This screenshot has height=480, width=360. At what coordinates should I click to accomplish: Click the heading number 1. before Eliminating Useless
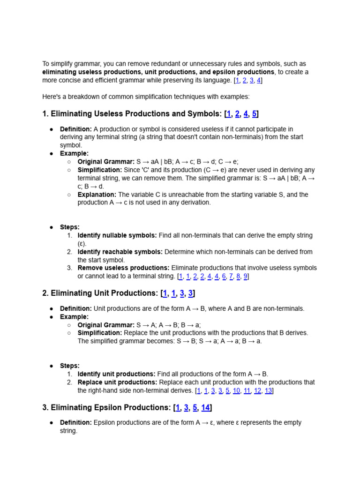(45, 114)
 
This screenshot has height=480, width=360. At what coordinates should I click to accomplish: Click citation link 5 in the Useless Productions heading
(255, 114)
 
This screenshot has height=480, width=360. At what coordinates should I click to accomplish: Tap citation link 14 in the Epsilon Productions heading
(205, 408)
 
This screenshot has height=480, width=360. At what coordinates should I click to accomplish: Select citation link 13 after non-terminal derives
(269, 390)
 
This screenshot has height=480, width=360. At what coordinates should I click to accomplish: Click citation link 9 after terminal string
(245, 277)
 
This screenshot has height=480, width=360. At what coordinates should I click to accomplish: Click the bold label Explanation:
(97, 195)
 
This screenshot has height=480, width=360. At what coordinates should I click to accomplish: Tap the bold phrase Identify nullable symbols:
(117, 235)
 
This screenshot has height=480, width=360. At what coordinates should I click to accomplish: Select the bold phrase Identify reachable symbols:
(120, 252)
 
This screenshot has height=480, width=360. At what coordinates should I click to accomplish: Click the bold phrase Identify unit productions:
(116, 374)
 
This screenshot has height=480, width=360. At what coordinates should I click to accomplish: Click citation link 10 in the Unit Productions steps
(237, 390)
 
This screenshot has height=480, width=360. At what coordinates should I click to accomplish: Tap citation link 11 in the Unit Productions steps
(247, 390)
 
